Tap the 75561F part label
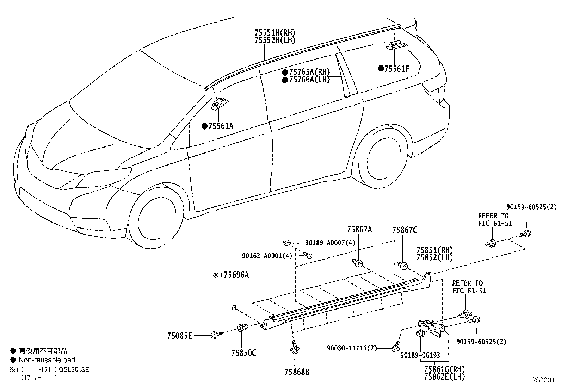pyautogui.click(x=397, y=69)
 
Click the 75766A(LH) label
pyautogui.click(x=309, y=80)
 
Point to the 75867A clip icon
pyautogui.click(x=358, y=263)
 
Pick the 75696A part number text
pyautogui.click(x=236, y=275)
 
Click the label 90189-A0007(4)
pyautogui.click(x=330, y=243)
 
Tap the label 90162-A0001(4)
pyautogui.click(x=267, y=256)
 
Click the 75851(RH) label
pyautogui.click(x=434, y=250)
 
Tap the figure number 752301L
pyautogui.click(x=545, y=380)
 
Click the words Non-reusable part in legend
pyautogui.click(x=47, y=360)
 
